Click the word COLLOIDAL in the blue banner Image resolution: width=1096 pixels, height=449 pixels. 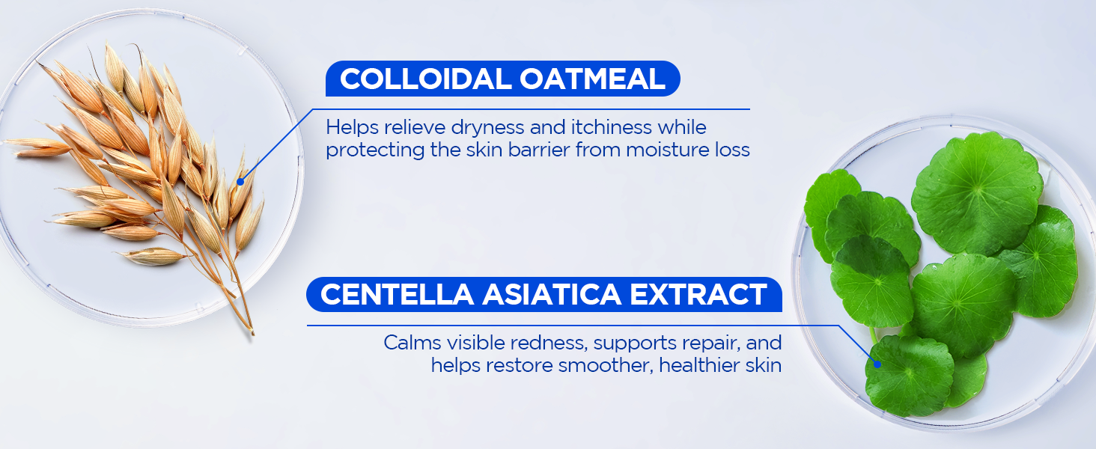[425, 79]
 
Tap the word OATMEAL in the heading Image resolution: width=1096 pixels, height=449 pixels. [592, 79]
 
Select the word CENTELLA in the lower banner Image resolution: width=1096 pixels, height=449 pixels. [397, 294]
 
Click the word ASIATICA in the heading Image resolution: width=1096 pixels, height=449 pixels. [552, 294]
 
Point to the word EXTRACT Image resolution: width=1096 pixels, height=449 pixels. [698, 294]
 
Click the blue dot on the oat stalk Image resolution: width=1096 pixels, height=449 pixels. [240, 182]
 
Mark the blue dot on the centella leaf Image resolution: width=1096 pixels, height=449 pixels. [877, 364]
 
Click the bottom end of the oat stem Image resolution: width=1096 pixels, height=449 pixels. [253, 334]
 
